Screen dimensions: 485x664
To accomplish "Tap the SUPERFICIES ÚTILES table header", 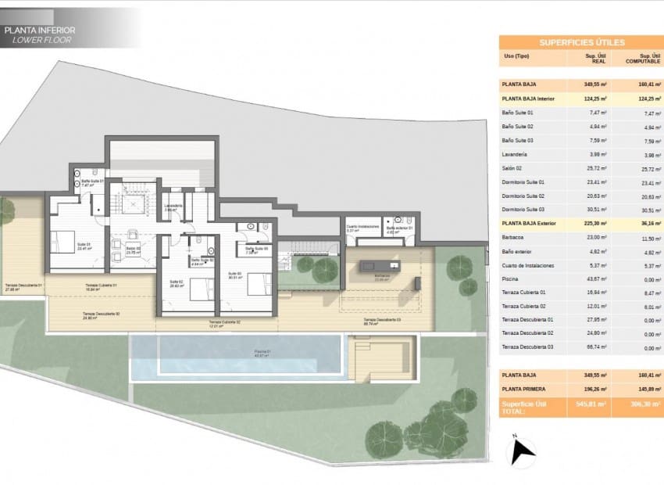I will click(x=581, y=42).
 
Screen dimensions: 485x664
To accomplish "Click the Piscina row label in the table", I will click(x=512, y=279).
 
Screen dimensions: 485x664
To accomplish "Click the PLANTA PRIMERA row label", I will click(x=524, y=389).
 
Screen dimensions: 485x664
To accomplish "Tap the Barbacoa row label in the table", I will click(x=514, y=238).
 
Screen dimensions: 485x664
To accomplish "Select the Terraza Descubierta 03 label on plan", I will click(x=383, y=320).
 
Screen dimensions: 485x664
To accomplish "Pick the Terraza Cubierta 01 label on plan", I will click(x=101, y=286).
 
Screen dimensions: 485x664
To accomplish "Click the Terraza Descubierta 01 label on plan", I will click(x=23, y=286).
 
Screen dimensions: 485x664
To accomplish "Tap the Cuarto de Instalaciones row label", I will click(x=528, y=265).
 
